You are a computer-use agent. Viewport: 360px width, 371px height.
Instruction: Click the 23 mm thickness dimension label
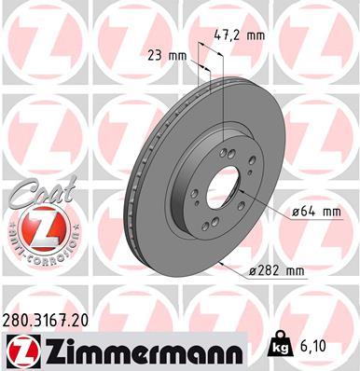[166, 54]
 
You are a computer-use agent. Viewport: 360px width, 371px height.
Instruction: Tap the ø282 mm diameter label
[277, 272]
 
